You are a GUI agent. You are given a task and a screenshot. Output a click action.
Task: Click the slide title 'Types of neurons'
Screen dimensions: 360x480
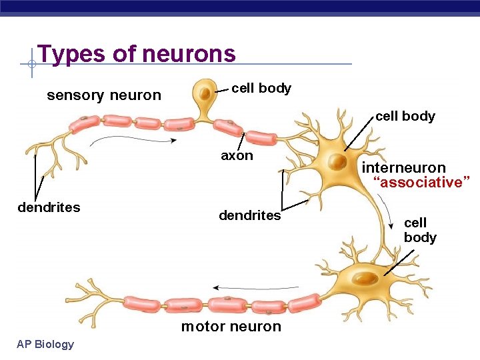(137, 53)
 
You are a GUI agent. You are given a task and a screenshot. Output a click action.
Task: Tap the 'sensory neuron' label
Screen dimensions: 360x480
(104, 95)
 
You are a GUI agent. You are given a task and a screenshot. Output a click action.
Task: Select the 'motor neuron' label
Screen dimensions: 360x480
(231, 326)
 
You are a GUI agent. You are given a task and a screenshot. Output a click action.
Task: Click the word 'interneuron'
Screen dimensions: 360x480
(403, 167)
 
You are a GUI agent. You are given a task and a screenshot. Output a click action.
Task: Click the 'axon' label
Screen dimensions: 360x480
(237, 156)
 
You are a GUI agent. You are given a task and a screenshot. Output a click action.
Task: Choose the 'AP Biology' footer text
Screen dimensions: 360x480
(46, 344)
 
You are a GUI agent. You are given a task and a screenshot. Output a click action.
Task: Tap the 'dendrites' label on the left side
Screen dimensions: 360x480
(49, 207)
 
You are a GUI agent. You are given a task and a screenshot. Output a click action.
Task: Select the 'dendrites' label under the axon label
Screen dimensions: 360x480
(250, 215)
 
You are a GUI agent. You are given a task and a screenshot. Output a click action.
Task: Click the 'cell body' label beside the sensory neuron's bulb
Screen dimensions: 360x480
(261, 89)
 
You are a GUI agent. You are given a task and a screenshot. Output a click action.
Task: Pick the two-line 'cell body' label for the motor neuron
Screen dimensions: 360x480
(420, 230)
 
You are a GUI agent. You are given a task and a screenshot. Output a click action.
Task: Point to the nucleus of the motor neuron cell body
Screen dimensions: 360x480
(364, 276)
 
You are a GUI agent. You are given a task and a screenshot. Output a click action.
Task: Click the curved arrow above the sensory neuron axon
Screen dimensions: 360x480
(133, 139)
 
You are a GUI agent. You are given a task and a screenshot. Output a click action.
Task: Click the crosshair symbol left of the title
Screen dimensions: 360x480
(31, 65)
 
